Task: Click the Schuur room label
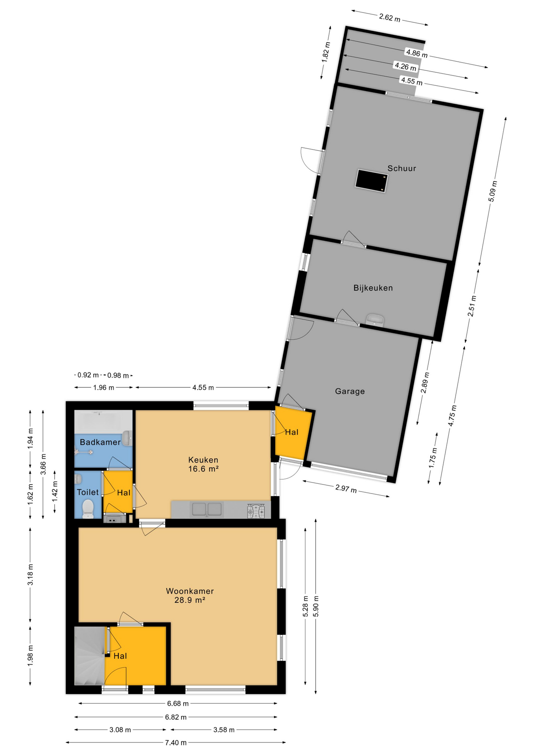(401, 168)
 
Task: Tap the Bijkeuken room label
(373, 288)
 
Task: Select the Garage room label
(350, 391)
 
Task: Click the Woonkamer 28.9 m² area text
(190, 595)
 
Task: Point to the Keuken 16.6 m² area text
(203, 464)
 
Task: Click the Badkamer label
(100, 442)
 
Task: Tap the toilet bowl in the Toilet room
(88, 509)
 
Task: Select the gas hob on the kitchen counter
(256, 511)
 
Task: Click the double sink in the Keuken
(207, 509)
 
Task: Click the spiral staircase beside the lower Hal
(90, 656)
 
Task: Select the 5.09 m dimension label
(492, 192)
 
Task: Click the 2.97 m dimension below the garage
(346, 488)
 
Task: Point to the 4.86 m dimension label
(417, 53)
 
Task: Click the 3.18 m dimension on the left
(30, 575)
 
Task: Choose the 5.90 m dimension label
(316, 606)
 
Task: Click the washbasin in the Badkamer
(127, 438)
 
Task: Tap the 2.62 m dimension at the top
(390, 18)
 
